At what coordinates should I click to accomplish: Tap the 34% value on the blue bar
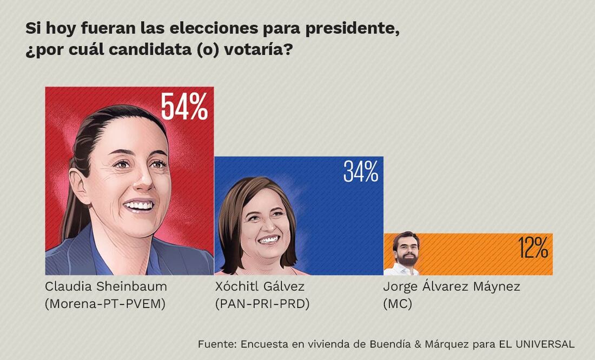(360, 171)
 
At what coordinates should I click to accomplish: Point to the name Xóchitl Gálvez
(260, 286)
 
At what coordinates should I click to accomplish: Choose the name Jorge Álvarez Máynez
(451, 286)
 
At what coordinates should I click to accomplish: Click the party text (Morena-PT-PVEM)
(105, 304)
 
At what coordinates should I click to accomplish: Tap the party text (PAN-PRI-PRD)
(262, 304)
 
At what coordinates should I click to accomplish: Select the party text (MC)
(397, 304)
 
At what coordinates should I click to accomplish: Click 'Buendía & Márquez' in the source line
(419, 344)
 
